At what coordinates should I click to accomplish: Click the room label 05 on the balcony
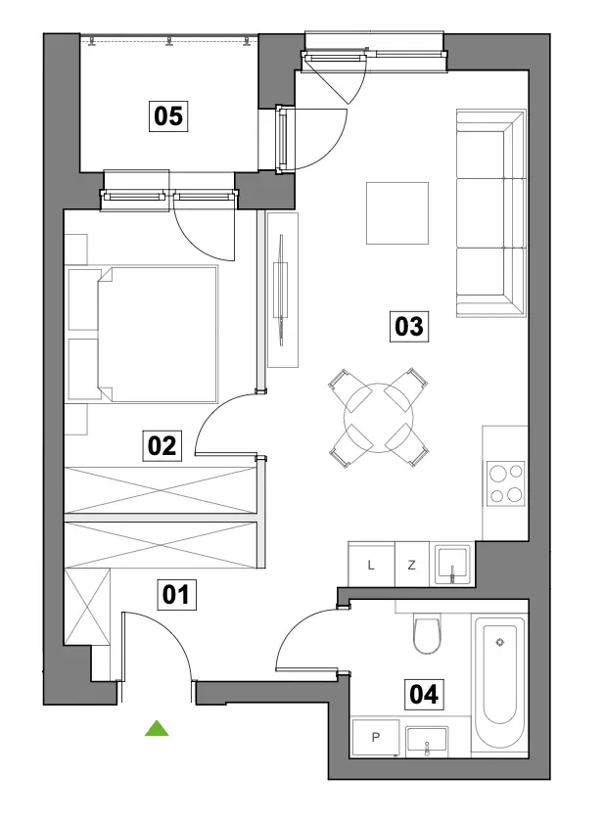[x=168, y=115]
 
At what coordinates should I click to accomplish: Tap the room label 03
[x=409, y=326]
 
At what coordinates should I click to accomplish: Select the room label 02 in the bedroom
[x=162, y=445]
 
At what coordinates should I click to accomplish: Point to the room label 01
[x=176, y=595]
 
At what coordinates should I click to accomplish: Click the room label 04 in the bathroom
[x=424, y=695]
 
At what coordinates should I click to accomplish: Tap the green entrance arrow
[x=157, y=728]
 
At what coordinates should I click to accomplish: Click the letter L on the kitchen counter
[x=371, y=565]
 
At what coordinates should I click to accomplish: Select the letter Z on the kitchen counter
[x=412, y=565]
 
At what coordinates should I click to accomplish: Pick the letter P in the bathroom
[x=376, y=737]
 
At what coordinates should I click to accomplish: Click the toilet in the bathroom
[x=427, y=633]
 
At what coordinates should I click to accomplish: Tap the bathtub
[x=499, y=678]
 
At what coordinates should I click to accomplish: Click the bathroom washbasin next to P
[x=427, y=742]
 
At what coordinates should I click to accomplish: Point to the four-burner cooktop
[x=505, y=483]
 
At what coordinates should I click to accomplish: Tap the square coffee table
[x=397, y=213]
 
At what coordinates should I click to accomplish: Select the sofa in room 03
[x=490, y=213]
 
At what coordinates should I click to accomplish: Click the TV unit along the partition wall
[x=282, y=290]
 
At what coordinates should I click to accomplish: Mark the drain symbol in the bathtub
[x=500, y=643]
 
